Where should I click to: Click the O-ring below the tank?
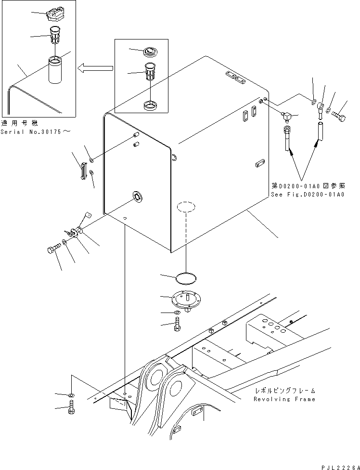pos(186,278)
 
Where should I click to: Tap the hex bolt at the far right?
pos(339,116)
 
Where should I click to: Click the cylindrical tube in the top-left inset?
pos(57,70)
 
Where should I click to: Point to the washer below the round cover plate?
pos(178,313)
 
